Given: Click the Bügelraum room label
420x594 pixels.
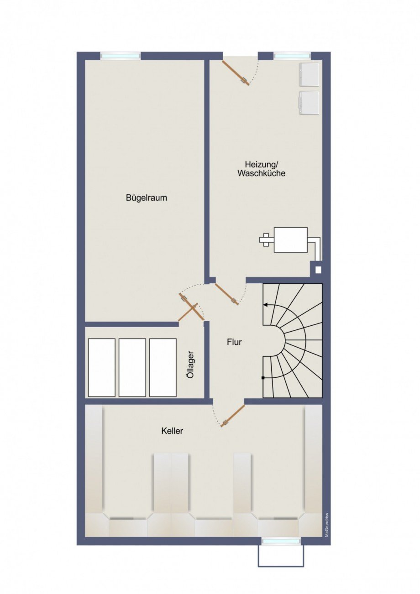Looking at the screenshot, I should point(146,198).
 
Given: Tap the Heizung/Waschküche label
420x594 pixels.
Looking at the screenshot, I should point(261,169).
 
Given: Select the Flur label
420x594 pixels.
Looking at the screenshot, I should point(234,342).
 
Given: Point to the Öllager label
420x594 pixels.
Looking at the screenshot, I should point(191,364).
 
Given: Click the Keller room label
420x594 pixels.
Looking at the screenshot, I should point(172,431).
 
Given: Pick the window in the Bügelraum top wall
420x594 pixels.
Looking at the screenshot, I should point(121,56).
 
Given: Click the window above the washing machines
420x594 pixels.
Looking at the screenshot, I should point(292,56).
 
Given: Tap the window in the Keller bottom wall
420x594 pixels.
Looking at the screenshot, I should point(281,541).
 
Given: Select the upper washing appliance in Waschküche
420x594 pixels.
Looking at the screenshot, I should point(309,74).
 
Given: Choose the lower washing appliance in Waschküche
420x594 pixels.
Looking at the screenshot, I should point(309,103).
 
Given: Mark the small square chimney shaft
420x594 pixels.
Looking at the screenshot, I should point(318,270).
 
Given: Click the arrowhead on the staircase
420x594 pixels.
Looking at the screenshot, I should point(266,304).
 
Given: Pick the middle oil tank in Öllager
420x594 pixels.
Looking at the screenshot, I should point(132,367).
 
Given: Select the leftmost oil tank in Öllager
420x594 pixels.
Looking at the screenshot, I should point(101,367).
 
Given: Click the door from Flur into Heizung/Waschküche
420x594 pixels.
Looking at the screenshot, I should point(226,294).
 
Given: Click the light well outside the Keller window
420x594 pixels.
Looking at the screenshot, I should point(281,556).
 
